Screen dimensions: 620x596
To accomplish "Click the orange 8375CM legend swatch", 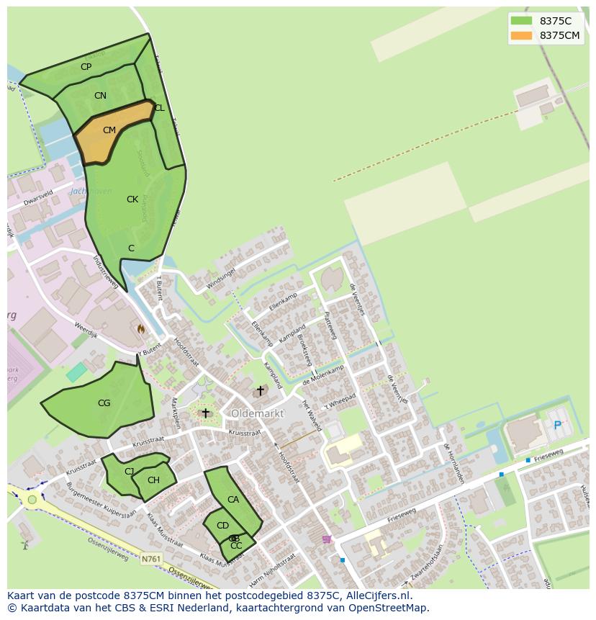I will point(521,35).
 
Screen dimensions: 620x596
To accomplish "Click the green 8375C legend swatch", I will point(521,21).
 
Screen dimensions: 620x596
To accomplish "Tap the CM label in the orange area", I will point(109,130).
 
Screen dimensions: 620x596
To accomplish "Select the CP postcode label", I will point(86,67).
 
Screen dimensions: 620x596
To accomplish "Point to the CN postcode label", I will point(100,96).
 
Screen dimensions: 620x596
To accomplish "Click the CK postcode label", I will point(132,199).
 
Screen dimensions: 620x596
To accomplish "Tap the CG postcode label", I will point(104,403).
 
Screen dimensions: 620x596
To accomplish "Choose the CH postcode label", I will point(153,480).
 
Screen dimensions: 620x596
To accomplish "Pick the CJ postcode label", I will point(130,472).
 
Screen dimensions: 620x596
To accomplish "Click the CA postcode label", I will point(233,500).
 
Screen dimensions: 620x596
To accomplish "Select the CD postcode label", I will point(222,526).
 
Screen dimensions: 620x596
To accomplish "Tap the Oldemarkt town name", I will point(257,413).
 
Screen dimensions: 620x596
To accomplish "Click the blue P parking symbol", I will point(557,426).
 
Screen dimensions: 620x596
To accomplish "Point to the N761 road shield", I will point(151,559).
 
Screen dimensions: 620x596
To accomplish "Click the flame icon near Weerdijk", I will point(141,328).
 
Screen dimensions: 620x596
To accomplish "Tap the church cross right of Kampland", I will point(261,390).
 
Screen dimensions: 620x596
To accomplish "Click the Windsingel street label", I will point(221,279).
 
